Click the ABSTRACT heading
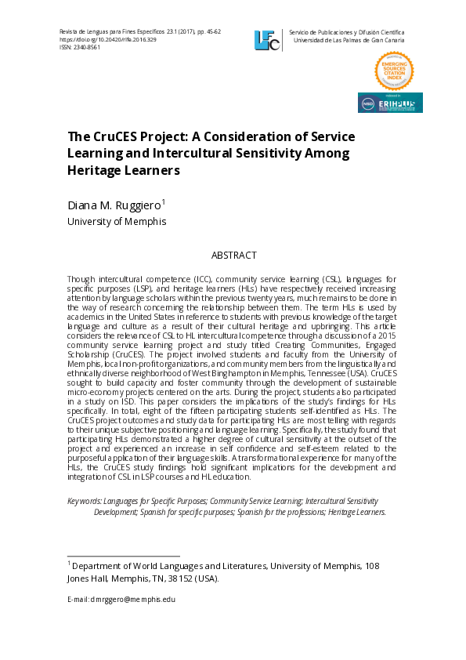(x=233, y=256)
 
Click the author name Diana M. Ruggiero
(x=114, y=206)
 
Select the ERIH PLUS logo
(x=390, y=103)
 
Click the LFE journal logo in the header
(x=266, y=40)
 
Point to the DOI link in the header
(x=104, y=39)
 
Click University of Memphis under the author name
(x=117, y=222)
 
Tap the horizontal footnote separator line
(x=124, y=555)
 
